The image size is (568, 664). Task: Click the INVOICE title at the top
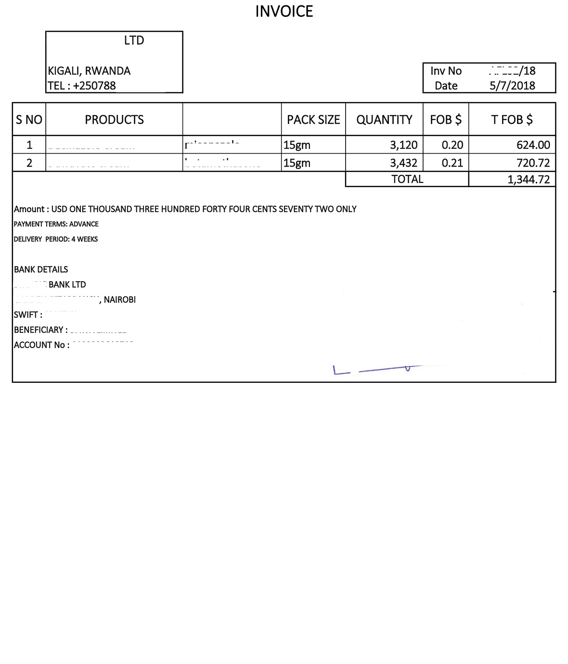[x=284, y=11]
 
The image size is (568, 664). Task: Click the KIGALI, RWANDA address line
[x=89, y=71]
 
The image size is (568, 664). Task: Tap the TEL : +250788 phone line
[x=82, y=86]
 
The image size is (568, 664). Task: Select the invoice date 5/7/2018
[x=512, y=86]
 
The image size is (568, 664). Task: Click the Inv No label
[x=446, y=71]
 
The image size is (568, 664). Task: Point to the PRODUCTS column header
[x=114, y=119]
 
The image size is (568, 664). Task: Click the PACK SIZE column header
[x=313, y=119]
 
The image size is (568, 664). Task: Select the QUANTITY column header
[x=384, y=119]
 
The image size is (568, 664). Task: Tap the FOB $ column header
[x=446, y=119]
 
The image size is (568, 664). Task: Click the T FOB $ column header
[x=512, y=119]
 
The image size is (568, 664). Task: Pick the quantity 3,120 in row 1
[x=403, y=145]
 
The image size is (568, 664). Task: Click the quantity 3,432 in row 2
[x=403, y=163]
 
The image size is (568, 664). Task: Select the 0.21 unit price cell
[x=452, y=163]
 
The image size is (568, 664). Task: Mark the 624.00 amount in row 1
[x=533, y=145]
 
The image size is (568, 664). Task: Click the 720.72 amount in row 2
[x=533, y=163]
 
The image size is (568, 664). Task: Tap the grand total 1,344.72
[x=528, y=180]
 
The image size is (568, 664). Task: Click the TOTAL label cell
[x=407, y=179]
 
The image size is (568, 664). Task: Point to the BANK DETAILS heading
[x=41, y=269]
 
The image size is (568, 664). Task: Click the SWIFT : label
[x=28, y=314]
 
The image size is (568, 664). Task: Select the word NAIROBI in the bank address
[x=120, y=299]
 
